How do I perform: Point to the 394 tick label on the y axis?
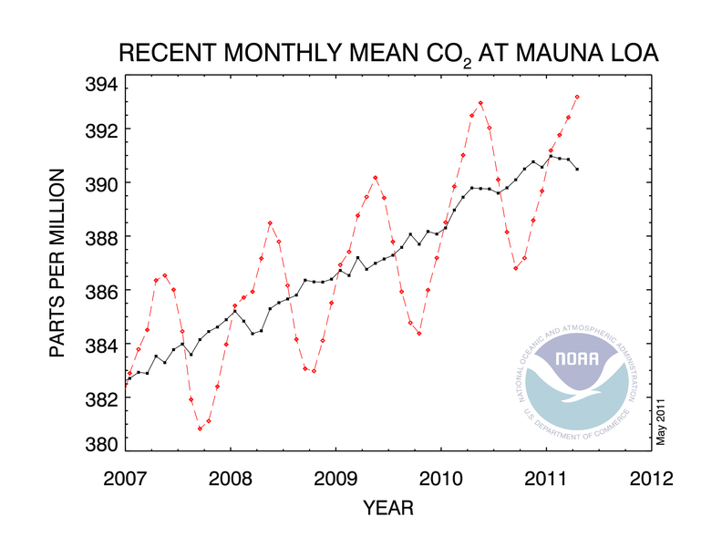point(97,86)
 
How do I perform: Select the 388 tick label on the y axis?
point(97,237)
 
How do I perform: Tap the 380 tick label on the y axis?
point(97,445)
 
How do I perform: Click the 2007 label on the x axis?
point(126,478)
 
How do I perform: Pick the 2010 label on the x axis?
point(441,478)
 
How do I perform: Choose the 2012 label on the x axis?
point(652,478)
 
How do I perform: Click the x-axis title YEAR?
point(388,505)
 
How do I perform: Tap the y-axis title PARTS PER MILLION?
point(57,263)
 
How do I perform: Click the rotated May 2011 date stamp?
point(663,420)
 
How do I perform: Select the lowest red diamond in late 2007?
point(201,428)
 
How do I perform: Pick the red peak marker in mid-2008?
point(270,223)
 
